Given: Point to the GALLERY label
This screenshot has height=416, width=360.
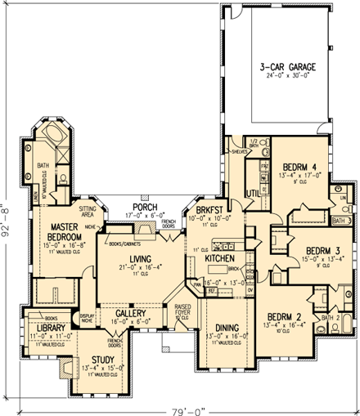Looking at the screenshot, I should point(130,313).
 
